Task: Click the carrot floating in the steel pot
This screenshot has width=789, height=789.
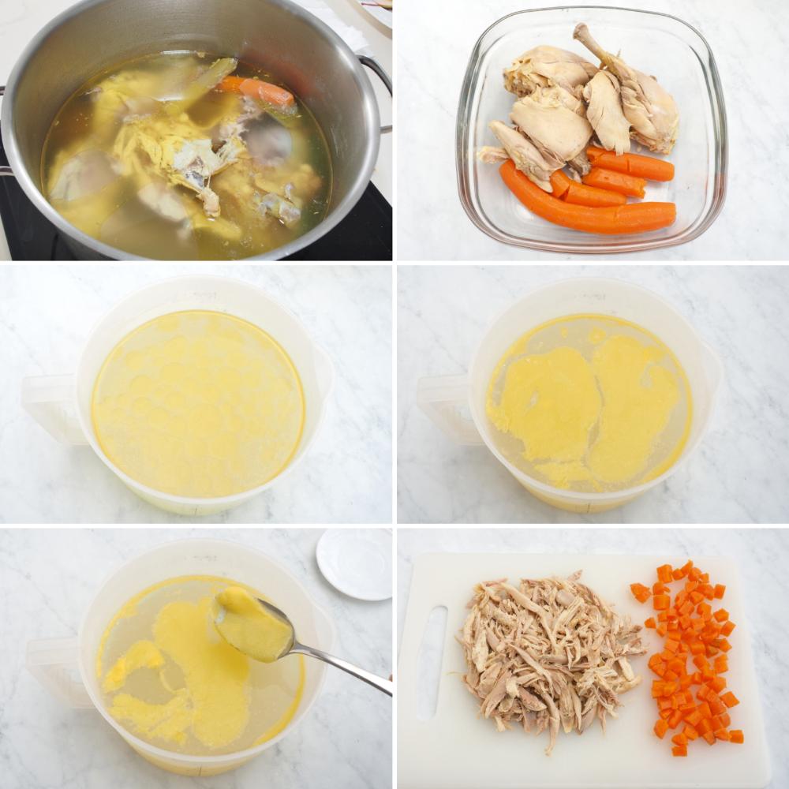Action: click(257, 90)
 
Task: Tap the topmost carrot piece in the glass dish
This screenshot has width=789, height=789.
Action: click(631, 164)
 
